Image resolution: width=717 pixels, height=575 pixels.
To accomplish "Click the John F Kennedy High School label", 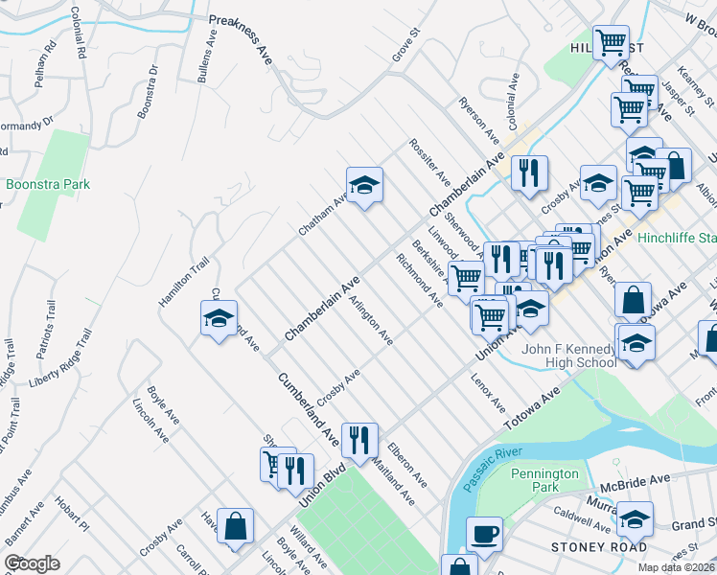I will point(569,356).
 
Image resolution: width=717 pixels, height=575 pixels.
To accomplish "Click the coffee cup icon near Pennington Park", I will point(484,534).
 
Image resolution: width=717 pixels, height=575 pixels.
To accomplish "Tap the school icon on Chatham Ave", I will point(364,185).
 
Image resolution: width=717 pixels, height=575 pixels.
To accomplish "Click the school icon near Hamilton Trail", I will point(219,318).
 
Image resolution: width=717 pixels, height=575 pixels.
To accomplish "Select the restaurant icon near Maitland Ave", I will point(359,440).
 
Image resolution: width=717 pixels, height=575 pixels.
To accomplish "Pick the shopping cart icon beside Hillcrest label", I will point(611,43).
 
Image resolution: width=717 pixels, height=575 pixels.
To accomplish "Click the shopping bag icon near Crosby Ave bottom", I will point(235,526).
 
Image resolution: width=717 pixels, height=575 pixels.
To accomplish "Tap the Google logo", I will point(32,563).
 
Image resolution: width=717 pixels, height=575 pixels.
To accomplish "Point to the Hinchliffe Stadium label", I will point(678,238).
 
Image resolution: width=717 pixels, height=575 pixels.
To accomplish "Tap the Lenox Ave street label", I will point(488,394).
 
